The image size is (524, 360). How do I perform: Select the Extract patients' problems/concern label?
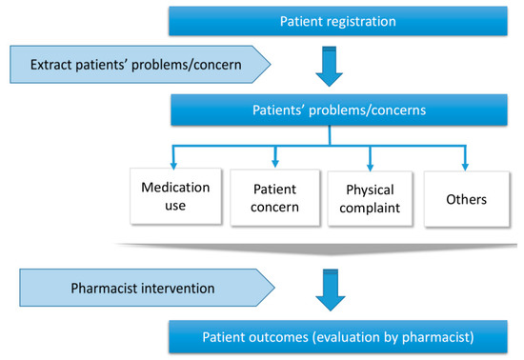click(x=143, y=64)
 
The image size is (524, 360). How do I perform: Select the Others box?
click(x=465, y=199)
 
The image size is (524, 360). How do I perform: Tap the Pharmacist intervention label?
click(x=143, y=285)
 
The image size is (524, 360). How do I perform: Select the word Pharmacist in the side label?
click(x=105, y=285)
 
